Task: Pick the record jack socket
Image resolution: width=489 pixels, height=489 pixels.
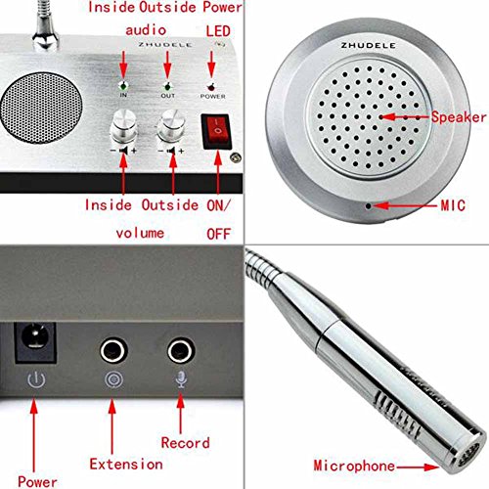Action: tap(180, 350)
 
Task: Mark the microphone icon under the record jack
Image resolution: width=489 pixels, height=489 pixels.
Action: tap(180, 382)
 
